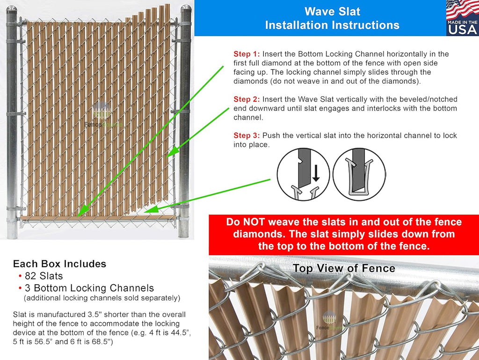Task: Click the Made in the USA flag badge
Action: coord(462,18)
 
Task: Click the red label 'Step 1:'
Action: coord(247,54)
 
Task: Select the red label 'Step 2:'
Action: coord(247,100)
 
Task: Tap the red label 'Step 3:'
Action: coord(247,136)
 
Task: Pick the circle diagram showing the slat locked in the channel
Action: coord(359,175)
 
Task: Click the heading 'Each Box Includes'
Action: coord(59,264)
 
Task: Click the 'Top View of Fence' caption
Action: coord(344,268)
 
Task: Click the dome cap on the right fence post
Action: coord(186,11)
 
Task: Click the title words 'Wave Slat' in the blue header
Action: coord(332,11)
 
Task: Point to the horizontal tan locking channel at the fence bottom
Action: coord(98,218)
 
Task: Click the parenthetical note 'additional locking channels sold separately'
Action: coord(102,298)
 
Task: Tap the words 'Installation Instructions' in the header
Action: coord(332,25)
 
